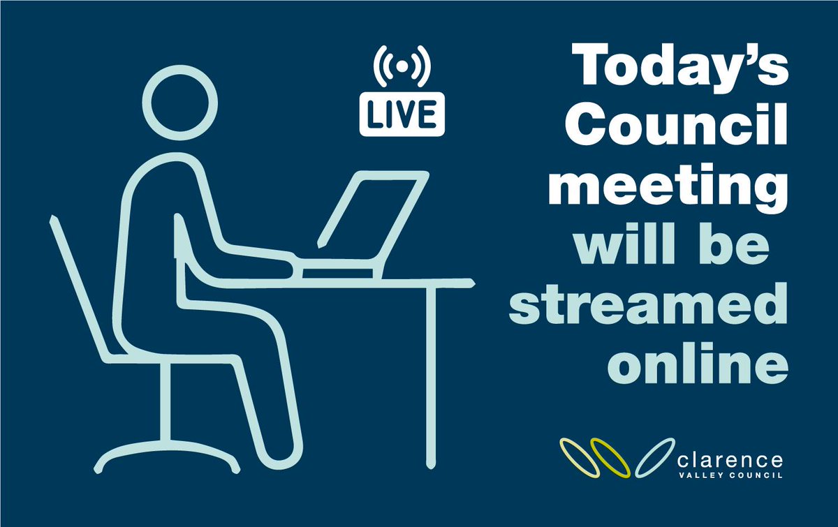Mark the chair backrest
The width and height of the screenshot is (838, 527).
[77, 286]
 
